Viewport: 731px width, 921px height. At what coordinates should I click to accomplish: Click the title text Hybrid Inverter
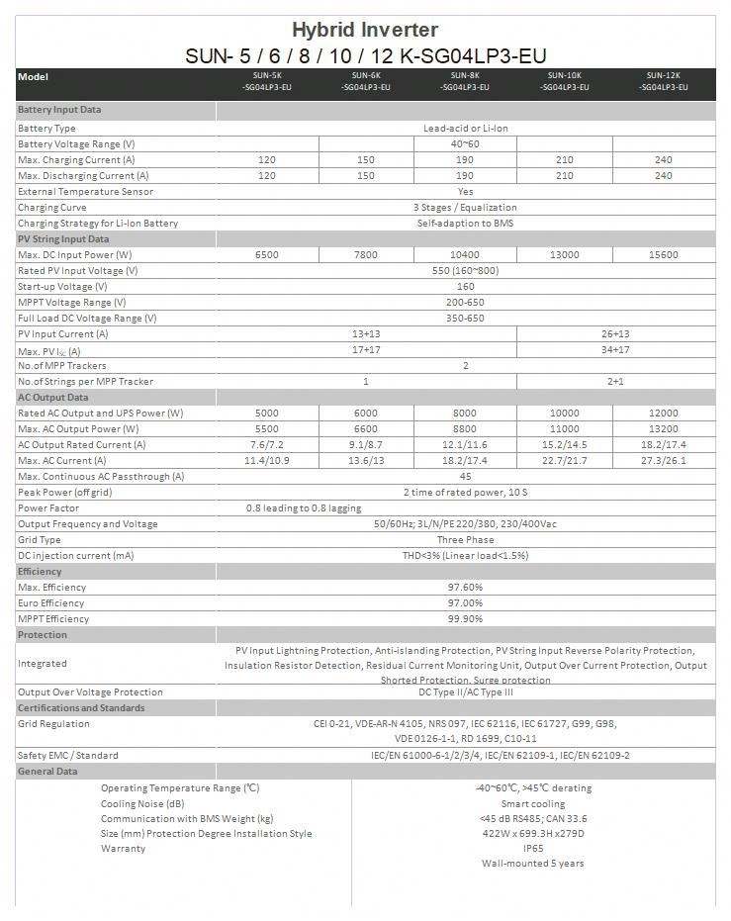365,31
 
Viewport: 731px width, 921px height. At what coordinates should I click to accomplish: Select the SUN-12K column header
663,81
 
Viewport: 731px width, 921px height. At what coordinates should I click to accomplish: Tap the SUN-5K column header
266,81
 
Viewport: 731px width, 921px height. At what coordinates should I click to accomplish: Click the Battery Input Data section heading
59,110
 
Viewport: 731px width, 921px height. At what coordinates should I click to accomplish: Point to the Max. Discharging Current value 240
663,176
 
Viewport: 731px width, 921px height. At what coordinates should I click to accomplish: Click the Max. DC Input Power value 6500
266,255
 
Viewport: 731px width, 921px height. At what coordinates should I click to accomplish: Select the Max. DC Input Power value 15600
663,255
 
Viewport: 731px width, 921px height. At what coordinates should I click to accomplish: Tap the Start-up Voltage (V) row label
62,287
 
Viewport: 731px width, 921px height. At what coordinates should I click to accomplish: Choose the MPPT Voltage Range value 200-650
465,303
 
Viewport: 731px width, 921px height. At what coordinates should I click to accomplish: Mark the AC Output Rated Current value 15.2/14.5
564,445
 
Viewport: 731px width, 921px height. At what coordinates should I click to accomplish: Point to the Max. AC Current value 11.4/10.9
266,461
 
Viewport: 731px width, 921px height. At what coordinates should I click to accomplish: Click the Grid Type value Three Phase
465,540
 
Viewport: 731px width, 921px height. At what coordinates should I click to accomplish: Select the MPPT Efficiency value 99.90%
465,619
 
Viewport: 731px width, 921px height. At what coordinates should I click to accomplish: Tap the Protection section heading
43,635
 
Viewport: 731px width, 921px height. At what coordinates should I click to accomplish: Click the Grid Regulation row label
53,724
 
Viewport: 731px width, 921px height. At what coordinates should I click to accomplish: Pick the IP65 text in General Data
532,848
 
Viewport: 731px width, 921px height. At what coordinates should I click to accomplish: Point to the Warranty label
123,849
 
